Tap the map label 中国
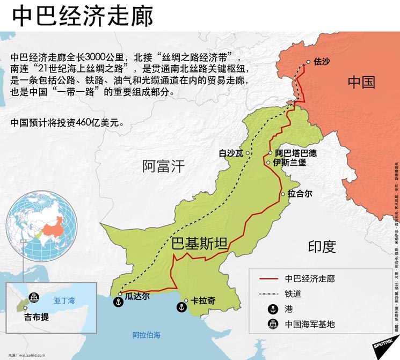(361, 82)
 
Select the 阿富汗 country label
(163, 166)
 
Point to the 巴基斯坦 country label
(199, 244)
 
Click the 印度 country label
(322, 246)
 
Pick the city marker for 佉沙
(308, 62)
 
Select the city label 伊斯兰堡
(289, 162)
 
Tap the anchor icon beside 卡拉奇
(182, 307)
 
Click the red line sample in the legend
(268, 278)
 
